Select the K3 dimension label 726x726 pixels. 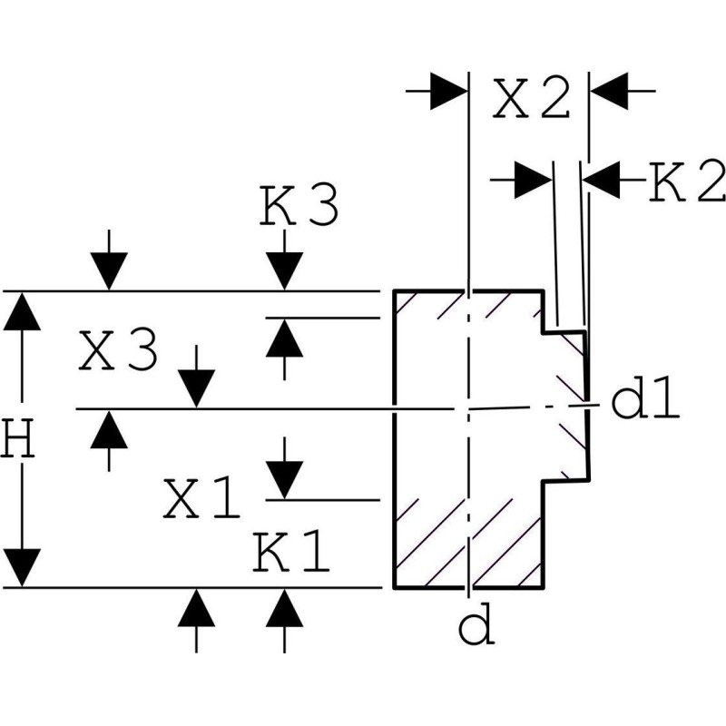(x=299, y=208)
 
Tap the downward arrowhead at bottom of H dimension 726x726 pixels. (x=22, y=567)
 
